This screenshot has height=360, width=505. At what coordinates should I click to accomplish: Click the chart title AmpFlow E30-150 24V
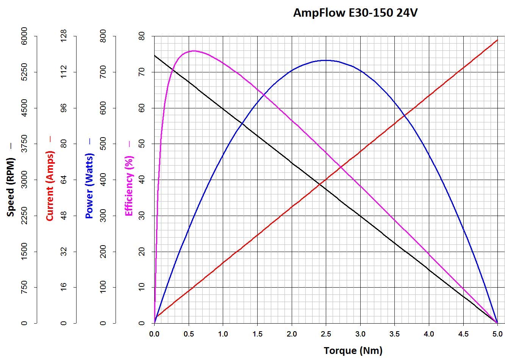click(355, 13)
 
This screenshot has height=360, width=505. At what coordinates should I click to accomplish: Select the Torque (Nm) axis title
click(353, 350)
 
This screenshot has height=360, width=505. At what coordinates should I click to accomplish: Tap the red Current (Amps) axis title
click(50, 186)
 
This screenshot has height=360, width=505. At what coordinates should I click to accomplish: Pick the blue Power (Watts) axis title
click(89, 186)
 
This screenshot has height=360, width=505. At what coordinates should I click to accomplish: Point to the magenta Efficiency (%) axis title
click(129, 186)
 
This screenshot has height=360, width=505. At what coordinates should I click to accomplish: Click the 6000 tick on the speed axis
click(24, 36)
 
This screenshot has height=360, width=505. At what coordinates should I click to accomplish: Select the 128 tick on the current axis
click(64, 36)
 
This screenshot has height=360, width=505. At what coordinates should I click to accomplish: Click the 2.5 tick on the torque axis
click(326, 334)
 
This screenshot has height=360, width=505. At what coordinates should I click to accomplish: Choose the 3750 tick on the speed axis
click(24, 144)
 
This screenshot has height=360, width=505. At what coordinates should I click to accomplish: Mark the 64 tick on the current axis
click(64, 180)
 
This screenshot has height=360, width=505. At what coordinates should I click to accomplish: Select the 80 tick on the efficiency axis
click(142, 36)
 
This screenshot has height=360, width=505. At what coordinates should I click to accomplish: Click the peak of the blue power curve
click(326, 60)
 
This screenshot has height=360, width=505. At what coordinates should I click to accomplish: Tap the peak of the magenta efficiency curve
click(194, 51)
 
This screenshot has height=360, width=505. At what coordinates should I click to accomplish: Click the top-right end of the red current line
click(497, 40)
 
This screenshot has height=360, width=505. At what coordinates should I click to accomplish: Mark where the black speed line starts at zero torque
click(155, 56)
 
